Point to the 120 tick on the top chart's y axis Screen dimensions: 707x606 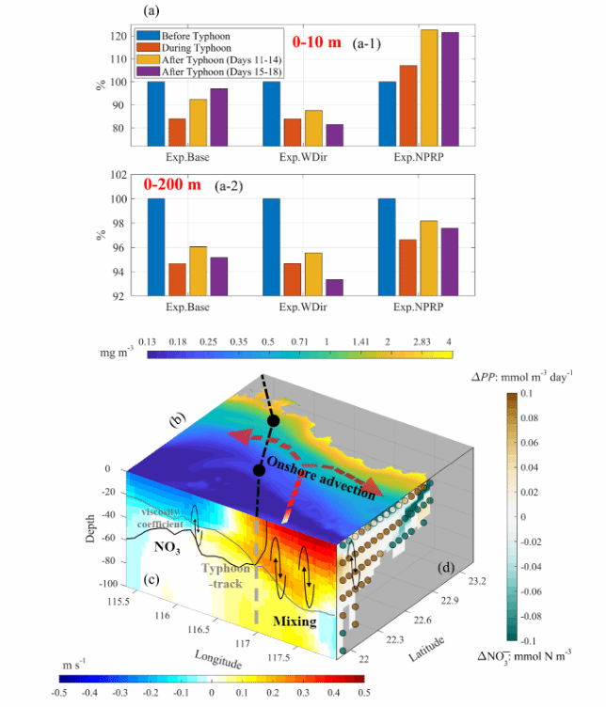(119, 37)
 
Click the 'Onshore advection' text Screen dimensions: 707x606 (325, 470)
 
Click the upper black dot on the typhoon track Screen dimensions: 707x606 (273, 420)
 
